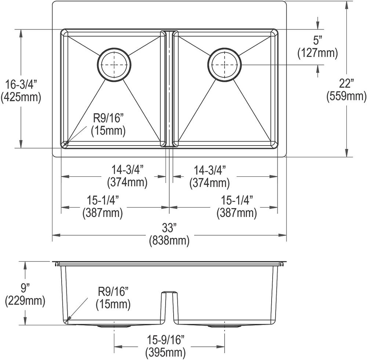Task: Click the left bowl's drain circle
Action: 114,64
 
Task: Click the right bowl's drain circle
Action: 225,65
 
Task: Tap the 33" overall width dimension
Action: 169,228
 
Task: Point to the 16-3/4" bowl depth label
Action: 21,85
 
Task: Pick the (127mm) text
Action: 317,53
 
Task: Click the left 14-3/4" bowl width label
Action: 127,170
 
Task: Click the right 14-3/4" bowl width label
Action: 210,170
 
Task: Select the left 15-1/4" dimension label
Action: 103,200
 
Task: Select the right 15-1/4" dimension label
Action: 236,200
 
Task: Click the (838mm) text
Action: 169,241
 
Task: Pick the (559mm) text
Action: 346,96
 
